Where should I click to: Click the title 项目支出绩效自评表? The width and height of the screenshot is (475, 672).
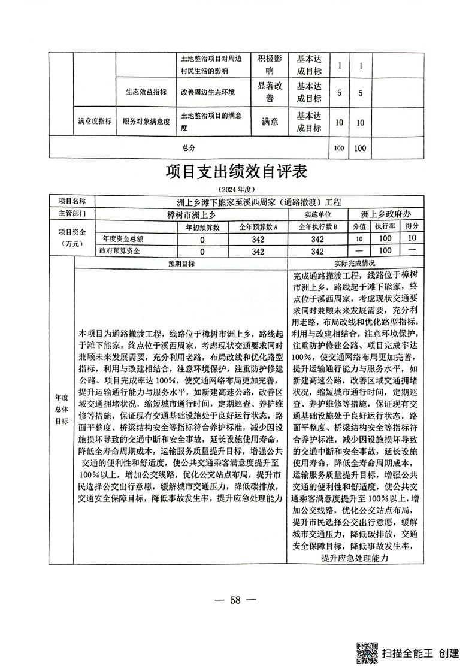click(x=237, y=173)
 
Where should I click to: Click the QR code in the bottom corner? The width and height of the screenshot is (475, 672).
click(x=366, y=652)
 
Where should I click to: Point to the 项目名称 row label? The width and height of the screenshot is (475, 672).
click(x=71, y=202)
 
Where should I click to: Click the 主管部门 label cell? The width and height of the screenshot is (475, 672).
click(x=71, y=213)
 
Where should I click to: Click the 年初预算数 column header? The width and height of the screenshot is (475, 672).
click(x=202, y=227)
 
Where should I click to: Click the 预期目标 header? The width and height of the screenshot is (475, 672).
click(x=181, y=264)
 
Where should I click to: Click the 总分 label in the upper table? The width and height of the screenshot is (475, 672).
click(x=189, y=147)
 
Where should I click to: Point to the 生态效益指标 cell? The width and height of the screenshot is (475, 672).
click(x=146, y=92)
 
